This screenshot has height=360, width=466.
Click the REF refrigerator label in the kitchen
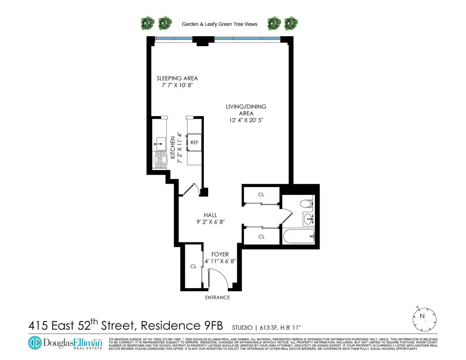pyautogui.click(x=195, y=143)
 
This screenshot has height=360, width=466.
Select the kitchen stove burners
pyautogui.click(x=160, y=160)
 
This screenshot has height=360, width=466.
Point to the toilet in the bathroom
pyautogui.click(x=307, y=204)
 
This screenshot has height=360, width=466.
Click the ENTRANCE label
pyautogui.click(x=217, y=297)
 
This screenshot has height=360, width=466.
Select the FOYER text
pyautogui.click(x=220, y=254)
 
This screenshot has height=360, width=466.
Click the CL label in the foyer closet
pyautogui.click(x=193, y=267)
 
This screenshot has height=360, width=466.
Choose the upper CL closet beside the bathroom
pyautogui.click(x=261, y=195)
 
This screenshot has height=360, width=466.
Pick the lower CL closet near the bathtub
pyautogui.click(x=261, y=237)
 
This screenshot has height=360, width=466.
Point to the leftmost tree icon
pyautogui.click(x=148, y=23)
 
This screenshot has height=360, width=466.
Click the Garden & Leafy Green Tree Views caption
pyautogui.click(x=219, y=24)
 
